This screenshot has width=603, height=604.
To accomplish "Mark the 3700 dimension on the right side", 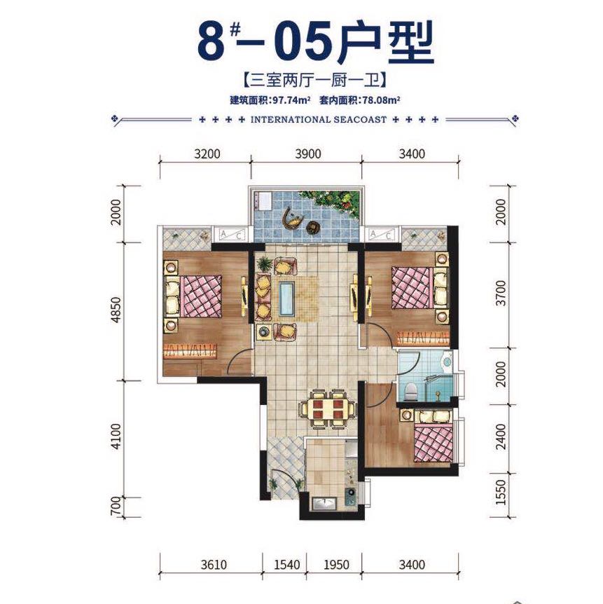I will pyautogui.click(x=498, y=295).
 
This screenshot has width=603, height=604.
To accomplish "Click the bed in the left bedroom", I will pyautogui.click(x=194, y=296).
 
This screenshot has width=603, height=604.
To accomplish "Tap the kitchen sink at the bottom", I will pyautogui.click(x=324, y=502).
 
